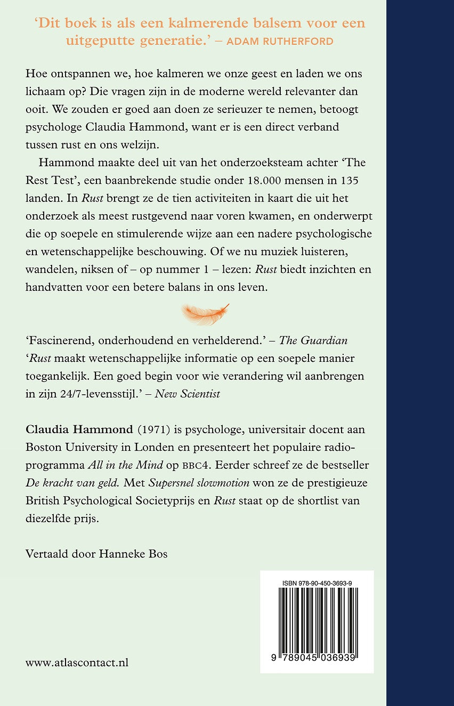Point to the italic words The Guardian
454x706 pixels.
[x=317, y=340]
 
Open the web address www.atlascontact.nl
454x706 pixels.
[x=77, y=663]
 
